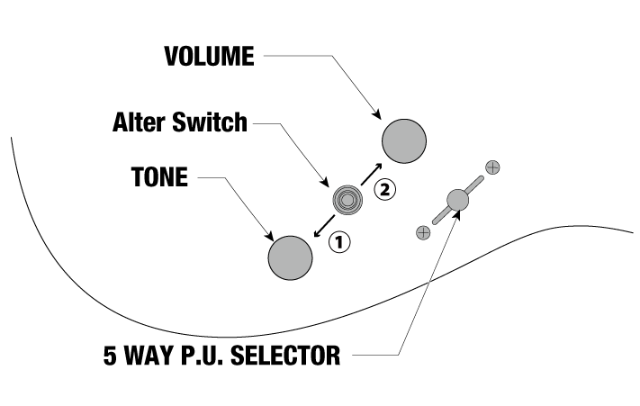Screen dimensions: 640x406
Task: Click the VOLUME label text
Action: click(210, 56)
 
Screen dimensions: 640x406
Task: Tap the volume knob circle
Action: click(404, 141)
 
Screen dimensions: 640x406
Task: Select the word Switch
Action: click(210, 122)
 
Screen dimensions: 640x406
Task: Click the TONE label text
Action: click(159, 177)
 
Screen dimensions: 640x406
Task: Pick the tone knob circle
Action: click(290, 257)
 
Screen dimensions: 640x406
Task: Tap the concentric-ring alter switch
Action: click(347, 200)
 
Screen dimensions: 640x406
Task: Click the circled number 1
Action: click(339, 242)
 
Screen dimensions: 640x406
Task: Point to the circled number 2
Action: click(385, 189)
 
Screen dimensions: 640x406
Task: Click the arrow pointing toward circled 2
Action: click(372, 174)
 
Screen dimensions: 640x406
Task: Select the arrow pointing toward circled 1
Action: click(324, 226)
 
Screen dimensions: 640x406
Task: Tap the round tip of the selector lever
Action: click(457, 200)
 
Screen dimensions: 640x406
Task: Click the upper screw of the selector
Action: click(492, 167)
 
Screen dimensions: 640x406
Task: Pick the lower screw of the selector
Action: click(423, 232)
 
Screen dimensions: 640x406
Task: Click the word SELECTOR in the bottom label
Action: click(285, 355)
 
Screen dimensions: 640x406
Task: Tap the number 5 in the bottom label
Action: click(110, 355)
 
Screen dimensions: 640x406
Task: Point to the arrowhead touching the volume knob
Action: click(377, 114)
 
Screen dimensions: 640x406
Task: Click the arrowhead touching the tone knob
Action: click(269, 236)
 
